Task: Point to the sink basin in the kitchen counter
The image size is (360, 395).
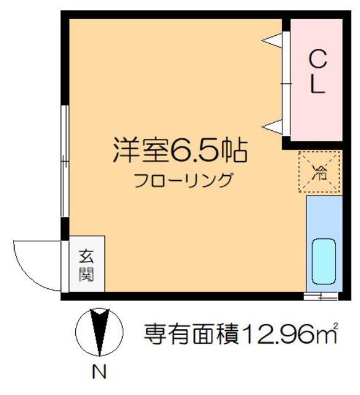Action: coord(323,261)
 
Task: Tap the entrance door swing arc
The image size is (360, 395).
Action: coord(31,265)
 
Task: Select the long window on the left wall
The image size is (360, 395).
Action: coord(63,161)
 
